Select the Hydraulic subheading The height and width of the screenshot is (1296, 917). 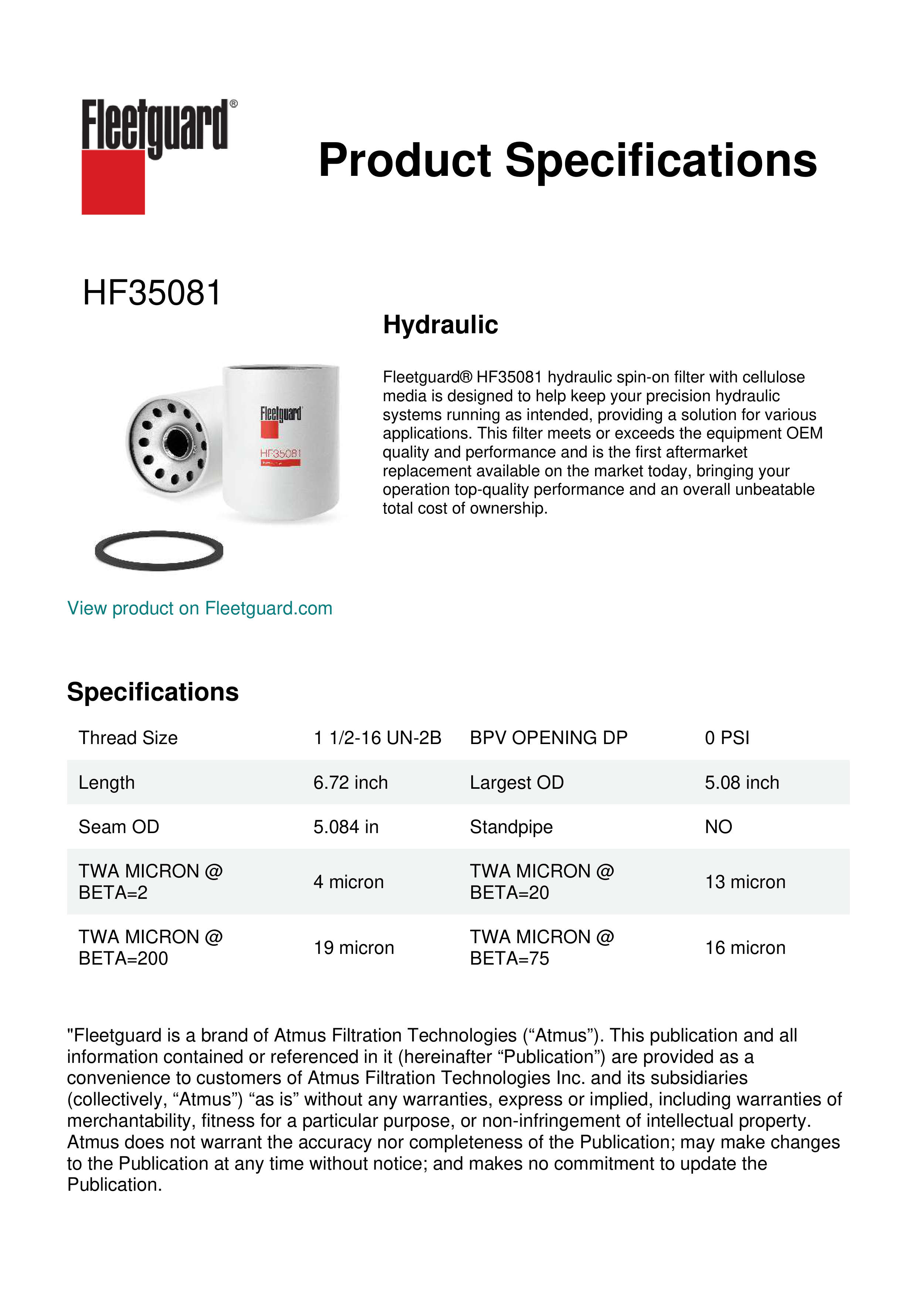441,325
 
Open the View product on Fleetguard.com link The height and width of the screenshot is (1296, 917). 200,608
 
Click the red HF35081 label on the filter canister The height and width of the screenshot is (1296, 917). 281,453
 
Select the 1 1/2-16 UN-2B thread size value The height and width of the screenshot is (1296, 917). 377,738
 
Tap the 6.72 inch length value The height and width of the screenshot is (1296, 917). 351,782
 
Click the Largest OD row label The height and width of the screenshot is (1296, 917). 517,782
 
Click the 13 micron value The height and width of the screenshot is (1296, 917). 745,882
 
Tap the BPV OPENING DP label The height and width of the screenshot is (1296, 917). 548,738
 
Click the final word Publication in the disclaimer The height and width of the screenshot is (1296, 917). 114,1185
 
